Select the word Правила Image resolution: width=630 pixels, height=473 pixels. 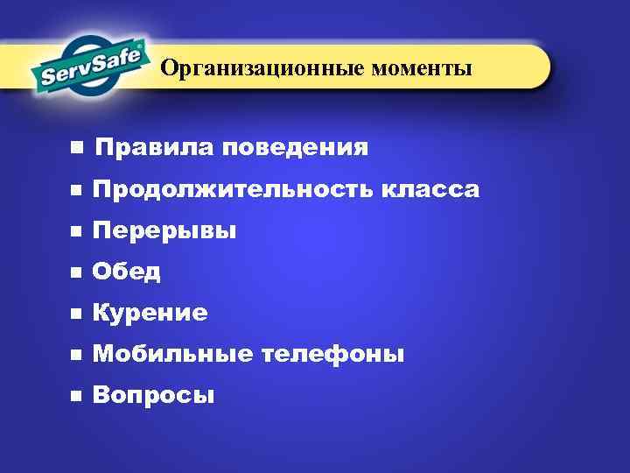point(153,147)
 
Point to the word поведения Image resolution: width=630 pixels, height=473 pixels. point(295,147)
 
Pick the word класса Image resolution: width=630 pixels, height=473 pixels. point(430,189)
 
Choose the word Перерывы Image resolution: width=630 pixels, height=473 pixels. point(164,231)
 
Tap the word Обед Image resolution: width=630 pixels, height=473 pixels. point(127,272)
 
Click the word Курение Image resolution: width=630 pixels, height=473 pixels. point(150,313)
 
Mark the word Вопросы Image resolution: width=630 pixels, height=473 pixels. point(153,396)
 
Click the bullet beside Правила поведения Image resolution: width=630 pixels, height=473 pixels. point(78,147)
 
